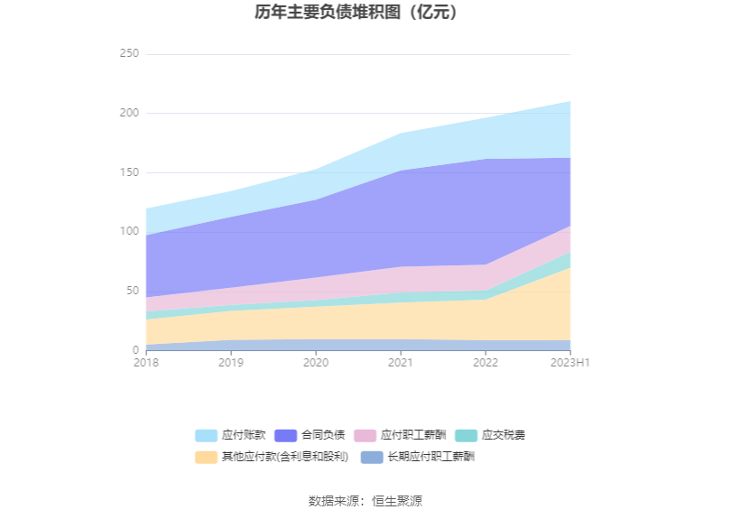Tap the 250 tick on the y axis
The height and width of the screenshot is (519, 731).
[129, 54]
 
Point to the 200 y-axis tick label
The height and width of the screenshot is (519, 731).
[129, 113]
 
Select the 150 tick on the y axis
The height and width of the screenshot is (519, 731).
[129, 172]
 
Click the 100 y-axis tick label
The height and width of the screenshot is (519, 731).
[129, 231]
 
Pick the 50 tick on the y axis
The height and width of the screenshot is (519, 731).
[132, 291]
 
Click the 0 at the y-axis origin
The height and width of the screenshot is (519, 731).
[135, 350]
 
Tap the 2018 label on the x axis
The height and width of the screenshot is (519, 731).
[146, 363]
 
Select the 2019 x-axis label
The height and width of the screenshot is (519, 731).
[231, 363]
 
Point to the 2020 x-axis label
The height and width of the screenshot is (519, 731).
[316, 363]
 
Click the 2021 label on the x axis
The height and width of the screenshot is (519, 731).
[401, 363]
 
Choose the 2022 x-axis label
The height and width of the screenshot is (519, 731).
[486, 363]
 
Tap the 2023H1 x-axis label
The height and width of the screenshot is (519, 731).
[570, 363]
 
